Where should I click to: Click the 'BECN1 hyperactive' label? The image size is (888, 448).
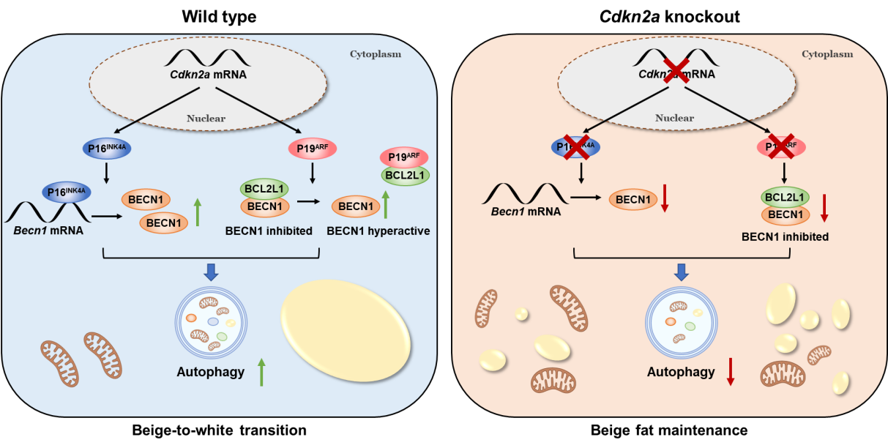(x=378, y=231)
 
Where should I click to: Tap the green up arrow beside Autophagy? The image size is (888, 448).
(x=261, y=372)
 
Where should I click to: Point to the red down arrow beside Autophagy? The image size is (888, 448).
(x=730, y=372)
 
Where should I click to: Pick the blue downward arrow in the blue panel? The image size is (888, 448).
(x=211, y=272)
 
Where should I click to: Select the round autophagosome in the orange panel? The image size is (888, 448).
(x=680, y=323)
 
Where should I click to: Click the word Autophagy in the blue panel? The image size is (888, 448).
(x=210, y=372)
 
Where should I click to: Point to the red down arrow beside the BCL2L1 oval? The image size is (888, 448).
(x=825, y=208)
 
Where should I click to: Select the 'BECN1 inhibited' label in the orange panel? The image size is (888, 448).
(x=786, y=236)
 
